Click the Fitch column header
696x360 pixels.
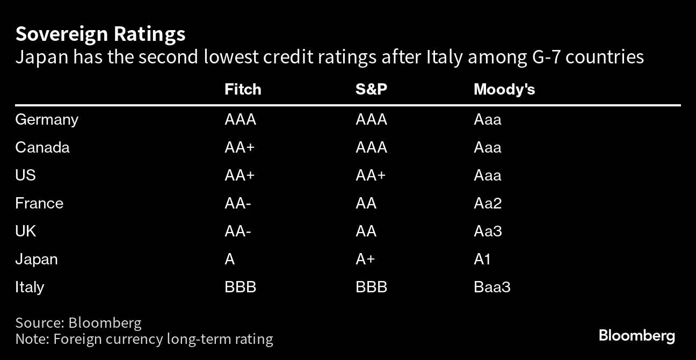point(243,90)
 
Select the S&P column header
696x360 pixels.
point(371,90)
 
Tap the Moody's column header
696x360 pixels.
point(504,90)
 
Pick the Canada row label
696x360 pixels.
point(42,147)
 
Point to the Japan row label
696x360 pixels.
point(37,260)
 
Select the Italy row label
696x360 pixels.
point(30,287)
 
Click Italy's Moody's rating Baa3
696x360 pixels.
point(492,287)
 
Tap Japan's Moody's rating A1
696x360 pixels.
point(482,260)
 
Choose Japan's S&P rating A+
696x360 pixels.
point(365,260)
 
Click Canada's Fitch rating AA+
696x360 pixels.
point(240,147)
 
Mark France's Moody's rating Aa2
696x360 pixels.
point(488,203)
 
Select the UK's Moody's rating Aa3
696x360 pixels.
point(488,231)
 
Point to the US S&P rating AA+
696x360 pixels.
point(371,175)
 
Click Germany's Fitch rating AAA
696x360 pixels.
point(240,120)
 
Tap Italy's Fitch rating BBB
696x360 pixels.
point(240,287)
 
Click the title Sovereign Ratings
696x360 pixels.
point(100,34)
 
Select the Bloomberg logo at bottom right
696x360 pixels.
point(637,336)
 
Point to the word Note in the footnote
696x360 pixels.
point(32,339)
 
